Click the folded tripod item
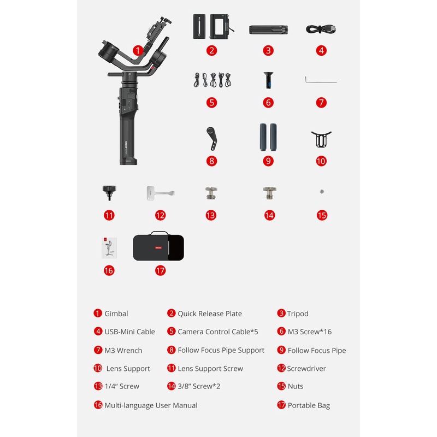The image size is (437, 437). (x=268, y=30)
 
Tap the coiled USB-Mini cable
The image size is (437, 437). (x=321, y=29)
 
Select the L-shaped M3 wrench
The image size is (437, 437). (x=321, y=80)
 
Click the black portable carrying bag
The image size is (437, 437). (x=158, y=246)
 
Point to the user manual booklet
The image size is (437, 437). (x=109, y=248)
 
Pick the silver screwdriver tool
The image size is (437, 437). (x=160, y=193)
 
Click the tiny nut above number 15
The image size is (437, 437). (x=322, y=192)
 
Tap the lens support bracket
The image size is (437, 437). (x=321, y=139)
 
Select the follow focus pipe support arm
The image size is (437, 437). (x=211, y=139)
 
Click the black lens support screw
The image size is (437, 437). (x=109, y=193)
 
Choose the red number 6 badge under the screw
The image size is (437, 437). (x=268, y=103)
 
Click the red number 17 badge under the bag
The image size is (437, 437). (x=160, y=270)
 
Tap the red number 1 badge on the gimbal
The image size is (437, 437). (x=138, y=51)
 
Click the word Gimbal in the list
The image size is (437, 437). (x=116, y=314)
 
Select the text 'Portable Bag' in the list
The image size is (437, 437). (x=309, y=405)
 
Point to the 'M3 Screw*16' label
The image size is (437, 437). (x=310, y=332)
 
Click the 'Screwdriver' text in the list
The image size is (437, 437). (x=306, y=368)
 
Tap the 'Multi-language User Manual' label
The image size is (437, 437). (x=151, y=405)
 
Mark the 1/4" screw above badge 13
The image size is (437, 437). (x=211, y=193)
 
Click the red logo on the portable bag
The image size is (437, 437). (x=158, y=247)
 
